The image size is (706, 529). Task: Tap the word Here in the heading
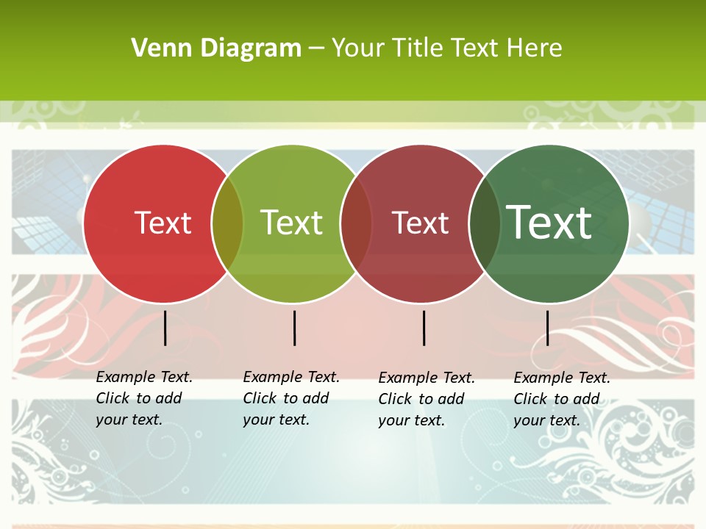click(534, 48)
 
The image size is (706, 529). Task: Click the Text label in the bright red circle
click(163, 223)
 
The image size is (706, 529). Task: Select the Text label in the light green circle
click(291, 223)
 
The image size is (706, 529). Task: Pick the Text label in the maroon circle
click(420, 223)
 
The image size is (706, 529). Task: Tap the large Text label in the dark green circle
click(549, 223)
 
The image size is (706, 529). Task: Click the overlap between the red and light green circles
click(227, 223)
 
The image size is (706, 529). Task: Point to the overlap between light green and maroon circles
click(356, 223)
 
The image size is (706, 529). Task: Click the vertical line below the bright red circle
click(165, 328)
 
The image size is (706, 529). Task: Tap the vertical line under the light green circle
click(294, 328)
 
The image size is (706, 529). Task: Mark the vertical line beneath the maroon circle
click(424, 328)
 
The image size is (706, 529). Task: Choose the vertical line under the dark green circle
click(547, 328)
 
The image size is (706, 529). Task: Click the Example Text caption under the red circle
click(144, 398)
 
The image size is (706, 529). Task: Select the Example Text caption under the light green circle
click(291, 398)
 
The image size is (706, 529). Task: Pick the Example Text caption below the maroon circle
click(427, 399)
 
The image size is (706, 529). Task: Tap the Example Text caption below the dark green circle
click(562, 399)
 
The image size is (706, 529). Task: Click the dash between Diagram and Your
click(316, 48)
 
